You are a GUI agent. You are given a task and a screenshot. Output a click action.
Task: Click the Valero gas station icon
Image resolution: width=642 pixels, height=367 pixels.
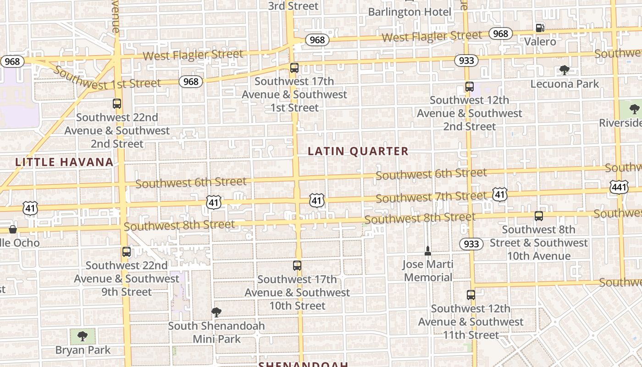click(x=540, y=28)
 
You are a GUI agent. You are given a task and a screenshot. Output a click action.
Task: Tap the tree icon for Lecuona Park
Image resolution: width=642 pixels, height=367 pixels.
click(x=564, y=70)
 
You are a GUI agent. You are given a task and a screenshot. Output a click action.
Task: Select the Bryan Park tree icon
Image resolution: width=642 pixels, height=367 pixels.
click(x=83, y=336)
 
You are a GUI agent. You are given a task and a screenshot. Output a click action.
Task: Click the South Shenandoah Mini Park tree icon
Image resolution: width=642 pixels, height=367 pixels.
click(x=216, y=312)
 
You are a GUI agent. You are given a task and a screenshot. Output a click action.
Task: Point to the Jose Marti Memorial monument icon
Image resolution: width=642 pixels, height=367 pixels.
click(x=428, y=250)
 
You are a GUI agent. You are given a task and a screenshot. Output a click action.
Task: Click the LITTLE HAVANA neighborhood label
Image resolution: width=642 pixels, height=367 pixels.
click(x=64, y=162)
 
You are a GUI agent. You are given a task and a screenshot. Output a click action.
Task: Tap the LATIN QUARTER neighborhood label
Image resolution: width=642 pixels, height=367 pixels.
click(x=358, y=151)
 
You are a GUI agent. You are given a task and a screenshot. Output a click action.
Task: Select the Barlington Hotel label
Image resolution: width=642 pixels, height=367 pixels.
click(x=410, y=12)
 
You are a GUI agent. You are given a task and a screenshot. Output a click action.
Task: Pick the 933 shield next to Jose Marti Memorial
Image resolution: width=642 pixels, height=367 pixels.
click(x=471, y=244)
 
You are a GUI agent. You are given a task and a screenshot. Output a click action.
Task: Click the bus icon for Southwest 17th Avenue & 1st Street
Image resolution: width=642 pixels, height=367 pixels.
click(x=294, y=68)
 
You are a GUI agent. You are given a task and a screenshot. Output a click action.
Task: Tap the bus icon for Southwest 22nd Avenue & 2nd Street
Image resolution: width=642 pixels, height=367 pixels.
click(x=117, y=104)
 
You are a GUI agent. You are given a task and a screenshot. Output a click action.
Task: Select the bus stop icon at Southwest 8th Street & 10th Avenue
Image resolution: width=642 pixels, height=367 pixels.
click(x=539, y=216)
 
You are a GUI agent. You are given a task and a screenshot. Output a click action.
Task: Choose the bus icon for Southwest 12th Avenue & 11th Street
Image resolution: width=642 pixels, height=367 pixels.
click(x=470, y=295)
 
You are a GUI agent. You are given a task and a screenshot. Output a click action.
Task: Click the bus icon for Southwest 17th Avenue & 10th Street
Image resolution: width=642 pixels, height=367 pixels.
click(x=297, y=266)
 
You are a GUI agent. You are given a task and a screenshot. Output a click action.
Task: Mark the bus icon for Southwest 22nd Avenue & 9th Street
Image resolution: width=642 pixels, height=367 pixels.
click(x=126, y=252)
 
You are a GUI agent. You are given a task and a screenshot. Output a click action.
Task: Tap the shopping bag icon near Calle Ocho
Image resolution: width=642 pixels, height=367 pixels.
click(x=13, y=229)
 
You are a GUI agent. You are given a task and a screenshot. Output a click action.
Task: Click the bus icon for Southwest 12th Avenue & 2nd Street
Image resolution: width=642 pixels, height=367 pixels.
click(x=469, y=87)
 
